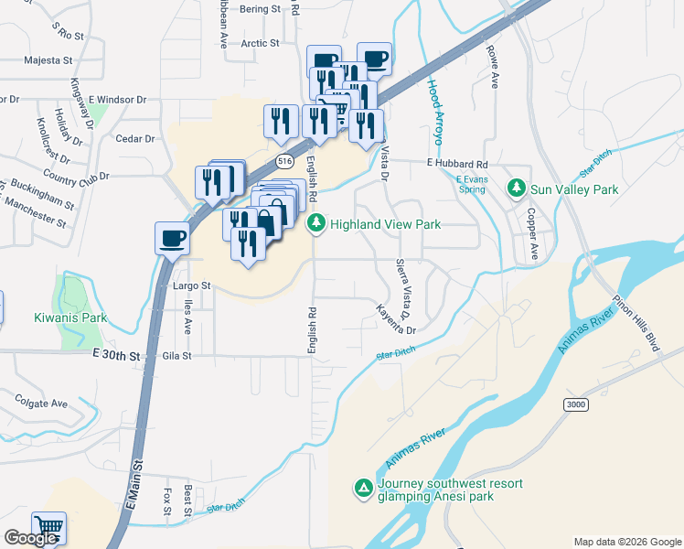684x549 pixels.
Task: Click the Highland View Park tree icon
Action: click(x=316, y=223)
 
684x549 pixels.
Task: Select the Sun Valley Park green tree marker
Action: click(x=517, y=188)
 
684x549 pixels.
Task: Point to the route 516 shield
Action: click(x=286, y=161)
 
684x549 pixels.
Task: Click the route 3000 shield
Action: click(x=576, y=404)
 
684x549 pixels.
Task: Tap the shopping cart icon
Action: click(x=48, y=528)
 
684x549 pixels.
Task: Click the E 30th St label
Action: click(x=117, y=355)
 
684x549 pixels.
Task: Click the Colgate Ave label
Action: click(x=40, y=403)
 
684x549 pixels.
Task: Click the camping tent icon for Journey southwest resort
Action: click(x=364, y=489)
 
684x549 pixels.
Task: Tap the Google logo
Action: click(x=30, y=538)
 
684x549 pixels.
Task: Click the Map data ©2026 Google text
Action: click(x=627, y=542)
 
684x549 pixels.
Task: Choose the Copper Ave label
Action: click(x=531, y=233)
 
